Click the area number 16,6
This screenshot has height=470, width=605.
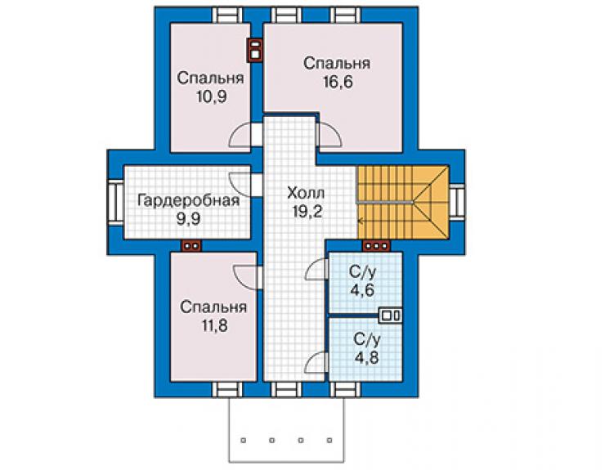338,83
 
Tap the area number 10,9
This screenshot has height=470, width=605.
212,96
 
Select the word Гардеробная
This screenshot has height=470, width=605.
189,201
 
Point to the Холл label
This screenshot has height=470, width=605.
306,194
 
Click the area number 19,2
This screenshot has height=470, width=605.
307,212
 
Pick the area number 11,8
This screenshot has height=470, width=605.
214,325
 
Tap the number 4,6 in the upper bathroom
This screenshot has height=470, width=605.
362,289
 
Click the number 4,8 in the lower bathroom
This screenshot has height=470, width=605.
367,357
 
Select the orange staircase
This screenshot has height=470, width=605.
403,203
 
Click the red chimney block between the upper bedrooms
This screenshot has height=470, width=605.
255,50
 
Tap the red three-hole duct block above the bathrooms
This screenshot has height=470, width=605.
376,245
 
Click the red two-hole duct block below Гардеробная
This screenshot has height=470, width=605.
192,246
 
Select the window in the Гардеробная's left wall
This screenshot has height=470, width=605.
115,203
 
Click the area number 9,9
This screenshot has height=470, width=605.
189,219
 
